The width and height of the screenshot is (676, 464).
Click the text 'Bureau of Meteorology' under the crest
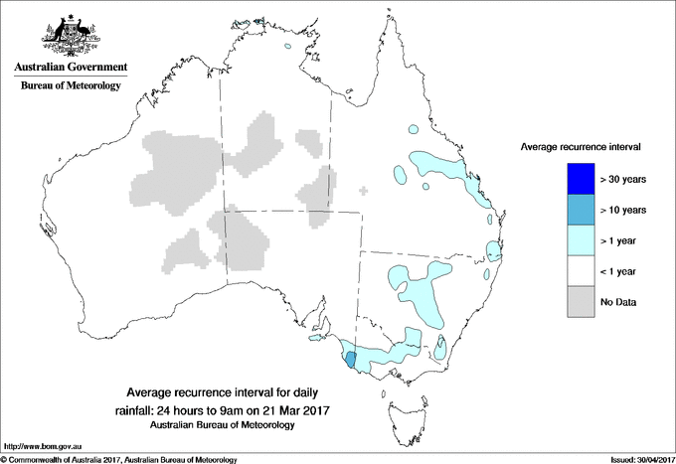coord(71,85)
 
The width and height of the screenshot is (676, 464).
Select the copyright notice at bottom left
coord(119,459)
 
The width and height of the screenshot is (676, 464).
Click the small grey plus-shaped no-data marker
coord(365,190)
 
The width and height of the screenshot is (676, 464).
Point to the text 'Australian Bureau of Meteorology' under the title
coord(223,425)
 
